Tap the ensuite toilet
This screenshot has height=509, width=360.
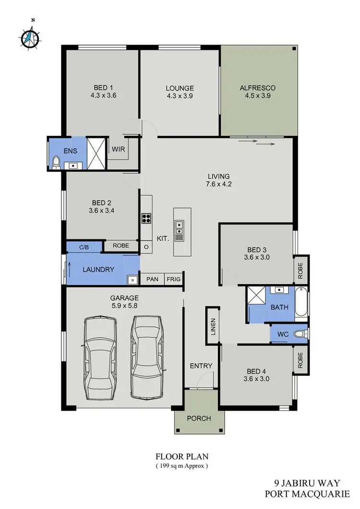coord(56,162)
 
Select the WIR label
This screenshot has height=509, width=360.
coord(118,149)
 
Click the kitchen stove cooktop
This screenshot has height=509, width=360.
coord(146,218)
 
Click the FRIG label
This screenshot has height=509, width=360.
coord(172,279)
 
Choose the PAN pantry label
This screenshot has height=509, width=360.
coord(152,279)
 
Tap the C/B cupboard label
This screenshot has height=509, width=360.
coord(84,247)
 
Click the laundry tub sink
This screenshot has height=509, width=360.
coord(132,279)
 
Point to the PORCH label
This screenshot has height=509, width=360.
coord(199,418)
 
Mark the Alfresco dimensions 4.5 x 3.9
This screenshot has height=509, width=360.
coord(257,96)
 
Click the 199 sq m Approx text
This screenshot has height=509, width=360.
coord(181,466)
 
